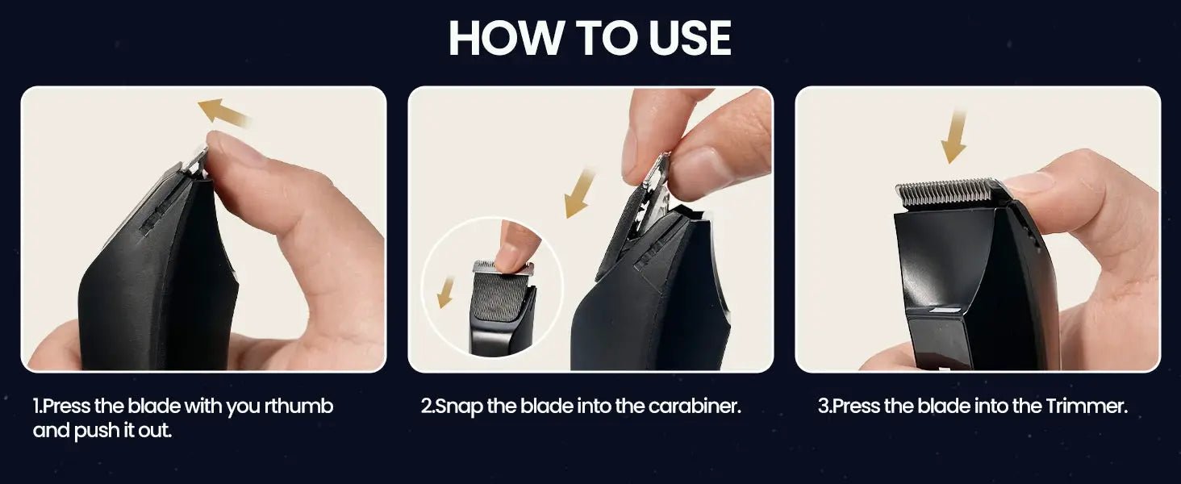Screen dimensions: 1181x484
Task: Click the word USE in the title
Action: coord(691,38)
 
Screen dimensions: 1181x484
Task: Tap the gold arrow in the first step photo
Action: coord(223,112)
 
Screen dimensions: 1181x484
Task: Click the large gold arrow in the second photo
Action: coord(580,193)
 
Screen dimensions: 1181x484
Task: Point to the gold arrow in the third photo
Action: coord(954,137)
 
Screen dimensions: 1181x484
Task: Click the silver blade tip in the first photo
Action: coord(195,161)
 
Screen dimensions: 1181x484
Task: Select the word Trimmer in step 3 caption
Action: coord(1086,406)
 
